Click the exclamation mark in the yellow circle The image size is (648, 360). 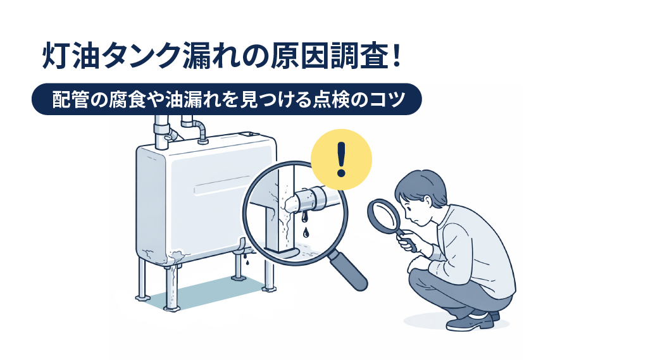342,159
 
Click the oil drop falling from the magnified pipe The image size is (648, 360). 307,232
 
